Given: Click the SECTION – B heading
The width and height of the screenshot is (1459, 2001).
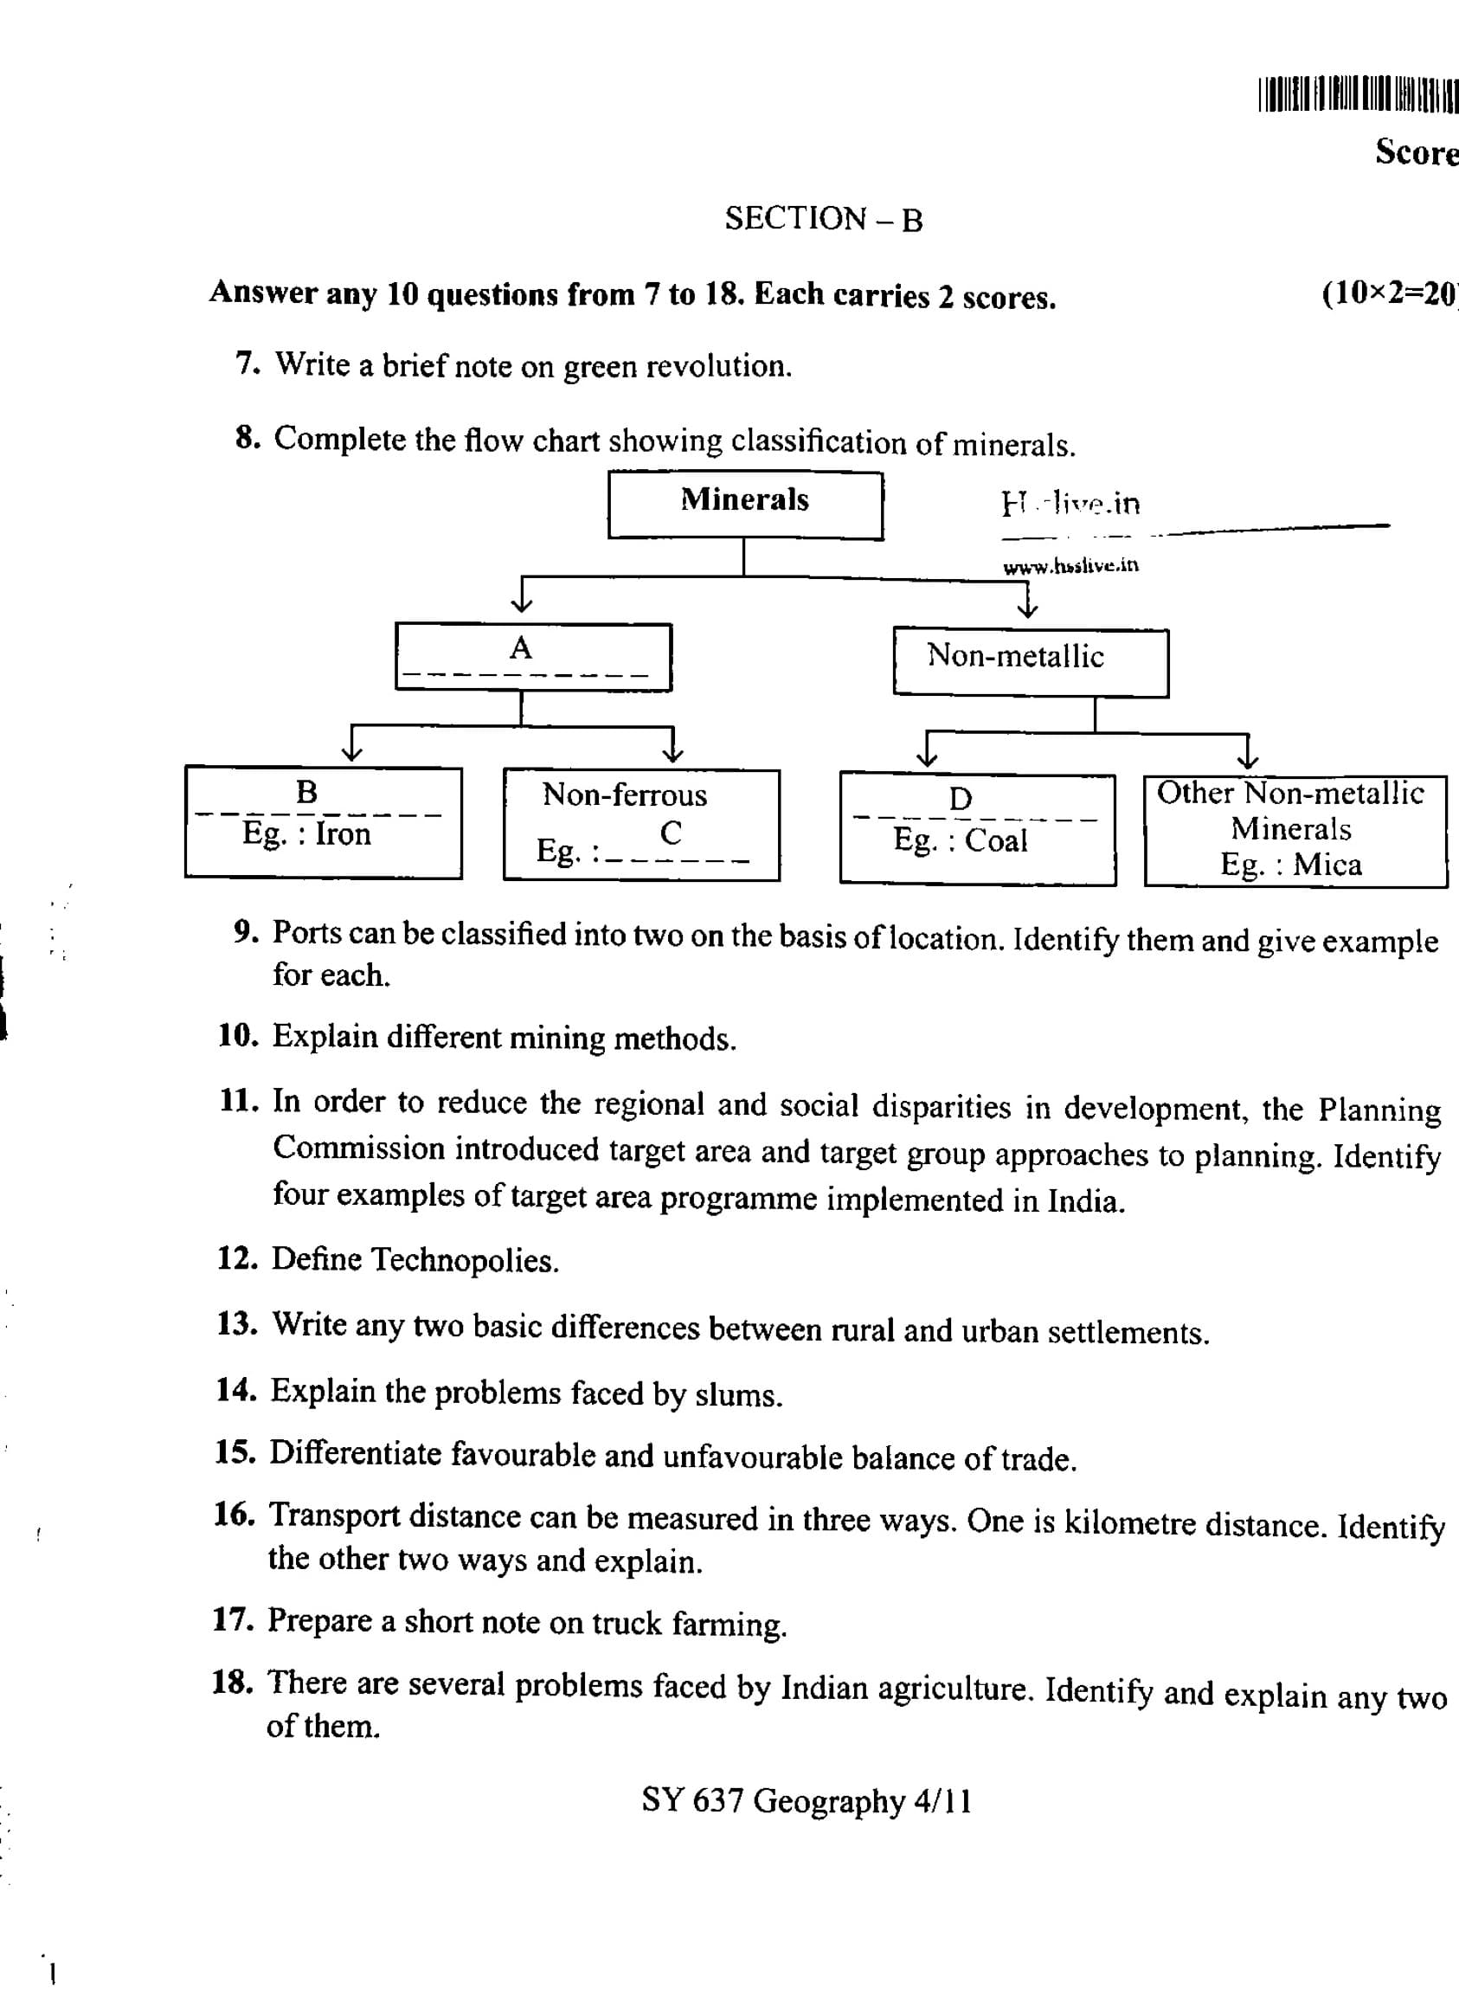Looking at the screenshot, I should (823, 218).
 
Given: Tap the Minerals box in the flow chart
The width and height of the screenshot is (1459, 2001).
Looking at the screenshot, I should (744, 504).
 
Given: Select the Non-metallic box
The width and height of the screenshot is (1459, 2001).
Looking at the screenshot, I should (1030, 661).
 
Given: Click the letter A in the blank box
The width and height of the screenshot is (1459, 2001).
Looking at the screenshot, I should (521, 648).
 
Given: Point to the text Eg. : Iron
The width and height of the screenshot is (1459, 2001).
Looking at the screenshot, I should (306, 833).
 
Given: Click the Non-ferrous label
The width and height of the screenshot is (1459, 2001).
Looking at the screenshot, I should (625, 795).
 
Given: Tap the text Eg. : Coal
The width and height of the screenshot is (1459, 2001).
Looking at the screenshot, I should (960, 840).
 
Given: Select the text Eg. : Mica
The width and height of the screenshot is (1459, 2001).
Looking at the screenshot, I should (1290, 865).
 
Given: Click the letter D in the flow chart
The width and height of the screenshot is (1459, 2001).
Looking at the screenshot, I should (960, 799).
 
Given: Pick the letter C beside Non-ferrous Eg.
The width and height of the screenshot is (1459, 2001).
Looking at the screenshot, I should (671, 833).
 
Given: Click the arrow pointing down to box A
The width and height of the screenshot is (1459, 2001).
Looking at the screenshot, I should (522, 601).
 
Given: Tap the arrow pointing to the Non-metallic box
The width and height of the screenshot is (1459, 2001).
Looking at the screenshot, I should (1028, 605).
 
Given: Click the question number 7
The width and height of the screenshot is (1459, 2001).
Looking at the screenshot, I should (247, 363).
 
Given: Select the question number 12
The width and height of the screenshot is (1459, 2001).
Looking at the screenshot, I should (237, 1258).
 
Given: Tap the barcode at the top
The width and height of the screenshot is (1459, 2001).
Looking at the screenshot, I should (1357, 95).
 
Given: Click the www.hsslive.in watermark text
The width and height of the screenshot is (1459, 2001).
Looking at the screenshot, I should (1070, 566).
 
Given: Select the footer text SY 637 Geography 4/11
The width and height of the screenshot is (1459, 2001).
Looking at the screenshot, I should (807, 1800).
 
